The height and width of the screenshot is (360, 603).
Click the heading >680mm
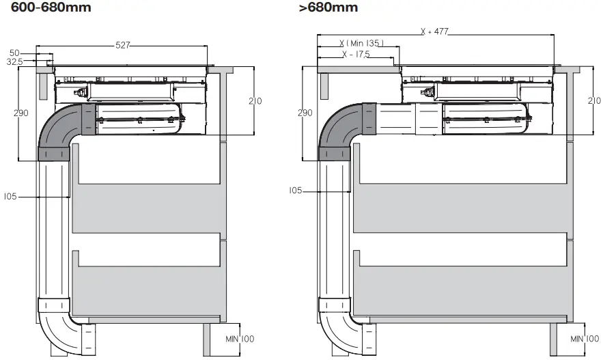[328, 8]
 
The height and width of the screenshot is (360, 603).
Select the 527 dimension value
[122, 46]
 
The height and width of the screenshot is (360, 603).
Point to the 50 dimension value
[15, 53]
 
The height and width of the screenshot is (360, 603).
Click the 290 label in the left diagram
[21, 113]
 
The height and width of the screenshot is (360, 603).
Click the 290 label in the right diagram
[305, 113]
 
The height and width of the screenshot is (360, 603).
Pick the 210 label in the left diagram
[255, 101]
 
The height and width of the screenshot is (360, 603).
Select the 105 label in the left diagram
[10, 197]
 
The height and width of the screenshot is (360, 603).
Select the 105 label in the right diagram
[296, 191]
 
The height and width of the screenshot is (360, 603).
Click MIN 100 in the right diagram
[585, 339]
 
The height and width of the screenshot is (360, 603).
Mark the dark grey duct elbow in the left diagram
[60, 133]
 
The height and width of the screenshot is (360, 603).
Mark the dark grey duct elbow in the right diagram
[341, 133]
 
